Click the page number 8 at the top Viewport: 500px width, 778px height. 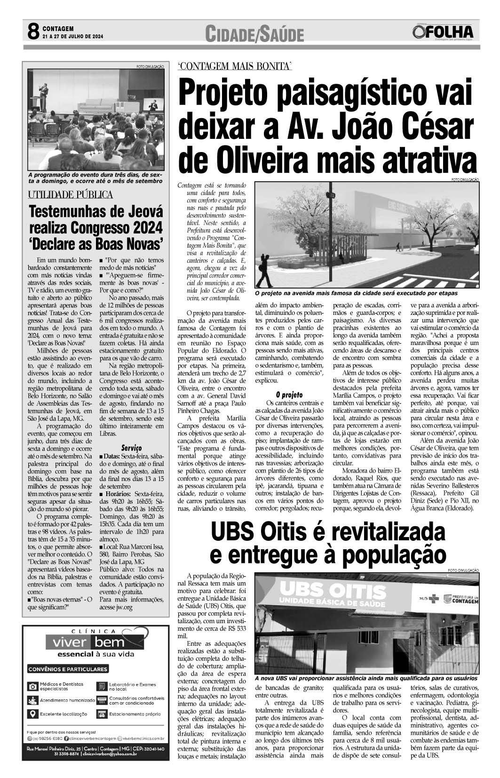32,32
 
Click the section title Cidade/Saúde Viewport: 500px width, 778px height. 254,33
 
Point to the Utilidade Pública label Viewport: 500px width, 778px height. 70,194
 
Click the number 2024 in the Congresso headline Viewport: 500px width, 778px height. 141,228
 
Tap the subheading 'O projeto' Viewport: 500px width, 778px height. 289,394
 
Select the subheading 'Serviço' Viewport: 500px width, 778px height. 131,447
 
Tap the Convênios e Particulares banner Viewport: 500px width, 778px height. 68,669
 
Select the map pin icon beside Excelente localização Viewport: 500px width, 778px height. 32,714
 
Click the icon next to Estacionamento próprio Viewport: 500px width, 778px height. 101,714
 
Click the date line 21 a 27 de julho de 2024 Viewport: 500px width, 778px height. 72,37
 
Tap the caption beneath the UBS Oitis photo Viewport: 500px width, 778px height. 365,678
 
